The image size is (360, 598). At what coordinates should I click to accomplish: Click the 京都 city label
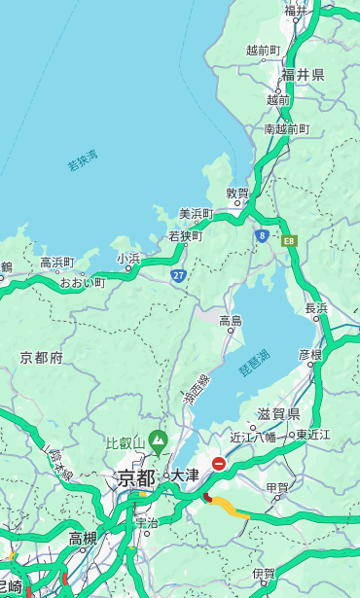point(136,477)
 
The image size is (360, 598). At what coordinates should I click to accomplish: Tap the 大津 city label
point(185,475)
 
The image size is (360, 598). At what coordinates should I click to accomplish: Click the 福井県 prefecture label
point(303,75)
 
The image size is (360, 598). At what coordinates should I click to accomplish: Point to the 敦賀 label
point(238,193)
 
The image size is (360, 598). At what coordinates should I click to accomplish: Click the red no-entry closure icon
point(219,465)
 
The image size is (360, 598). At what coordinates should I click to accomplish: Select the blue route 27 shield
point(178,275)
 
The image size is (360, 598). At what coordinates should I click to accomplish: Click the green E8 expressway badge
point(289,240)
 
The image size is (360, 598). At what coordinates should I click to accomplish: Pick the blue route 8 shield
point(262,235)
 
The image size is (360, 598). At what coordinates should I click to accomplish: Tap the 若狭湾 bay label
point(83,160)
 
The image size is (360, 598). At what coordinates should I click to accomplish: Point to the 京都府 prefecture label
point(42,358)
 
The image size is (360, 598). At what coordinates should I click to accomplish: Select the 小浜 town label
point(128,258)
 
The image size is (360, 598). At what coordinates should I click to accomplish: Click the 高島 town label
point(231,320)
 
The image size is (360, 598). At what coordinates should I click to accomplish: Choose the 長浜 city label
point(317,307)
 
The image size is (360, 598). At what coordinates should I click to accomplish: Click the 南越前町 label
point(286,128)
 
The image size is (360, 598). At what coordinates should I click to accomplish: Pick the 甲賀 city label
point(277,487)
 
